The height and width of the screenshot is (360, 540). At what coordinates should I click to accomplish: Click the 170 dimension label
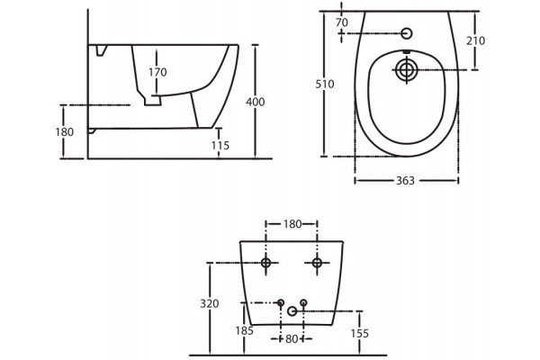pos(157,72)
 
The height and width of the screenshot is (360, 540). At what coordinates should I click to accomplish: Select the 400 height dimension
pos(256,102)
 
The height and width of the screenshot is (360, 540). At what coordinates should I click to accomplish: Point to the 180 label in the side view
pos(65,132)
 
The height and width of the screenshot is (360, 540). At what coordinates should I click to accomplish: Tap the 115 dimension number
pos(220,146)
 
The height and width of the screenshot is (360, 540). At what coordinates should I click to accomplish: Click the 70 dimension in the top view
pos(342,22)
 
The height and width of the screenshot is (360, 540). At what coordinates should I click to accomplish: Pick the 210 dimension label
pos(475,40)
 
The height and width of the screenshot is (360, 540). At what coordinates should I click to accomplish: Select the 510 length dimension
pos(325,84)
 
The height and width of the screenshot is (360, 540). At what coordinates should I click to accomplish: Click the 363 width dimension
pos(405,181)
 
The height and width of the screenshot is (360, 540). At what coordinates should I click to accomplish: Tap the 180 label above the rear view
pos(292,224)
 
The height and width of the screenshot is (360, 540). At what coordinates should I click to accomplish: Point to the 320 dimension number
pos(210,303)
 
